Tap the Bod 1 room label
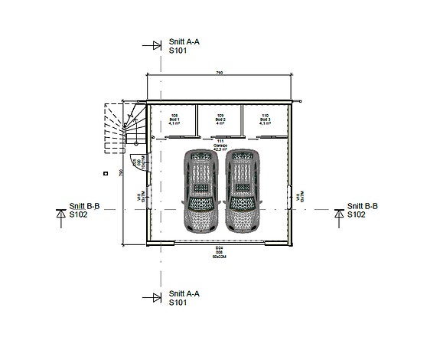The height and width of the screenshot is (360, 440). click(174, 119)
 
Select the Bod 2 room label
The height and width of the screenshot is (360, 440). click(220, 119)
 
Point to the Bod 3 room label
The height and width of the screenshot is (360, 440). click(265, 119)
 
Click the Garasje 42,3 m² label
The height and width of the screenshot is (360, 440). click(220, 146)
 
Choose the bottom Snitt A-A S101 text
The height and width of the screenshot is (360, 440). click(184, 298)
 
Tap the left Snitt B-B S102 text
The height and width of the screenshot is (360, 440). click(84, 211)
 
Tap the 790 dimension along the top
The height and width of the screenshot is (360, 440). click(220, 73)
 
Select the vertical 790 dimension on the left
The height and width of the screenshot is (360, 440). click(122, 173)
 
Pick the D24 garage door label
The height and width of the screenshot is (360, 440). click(219, 250)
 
